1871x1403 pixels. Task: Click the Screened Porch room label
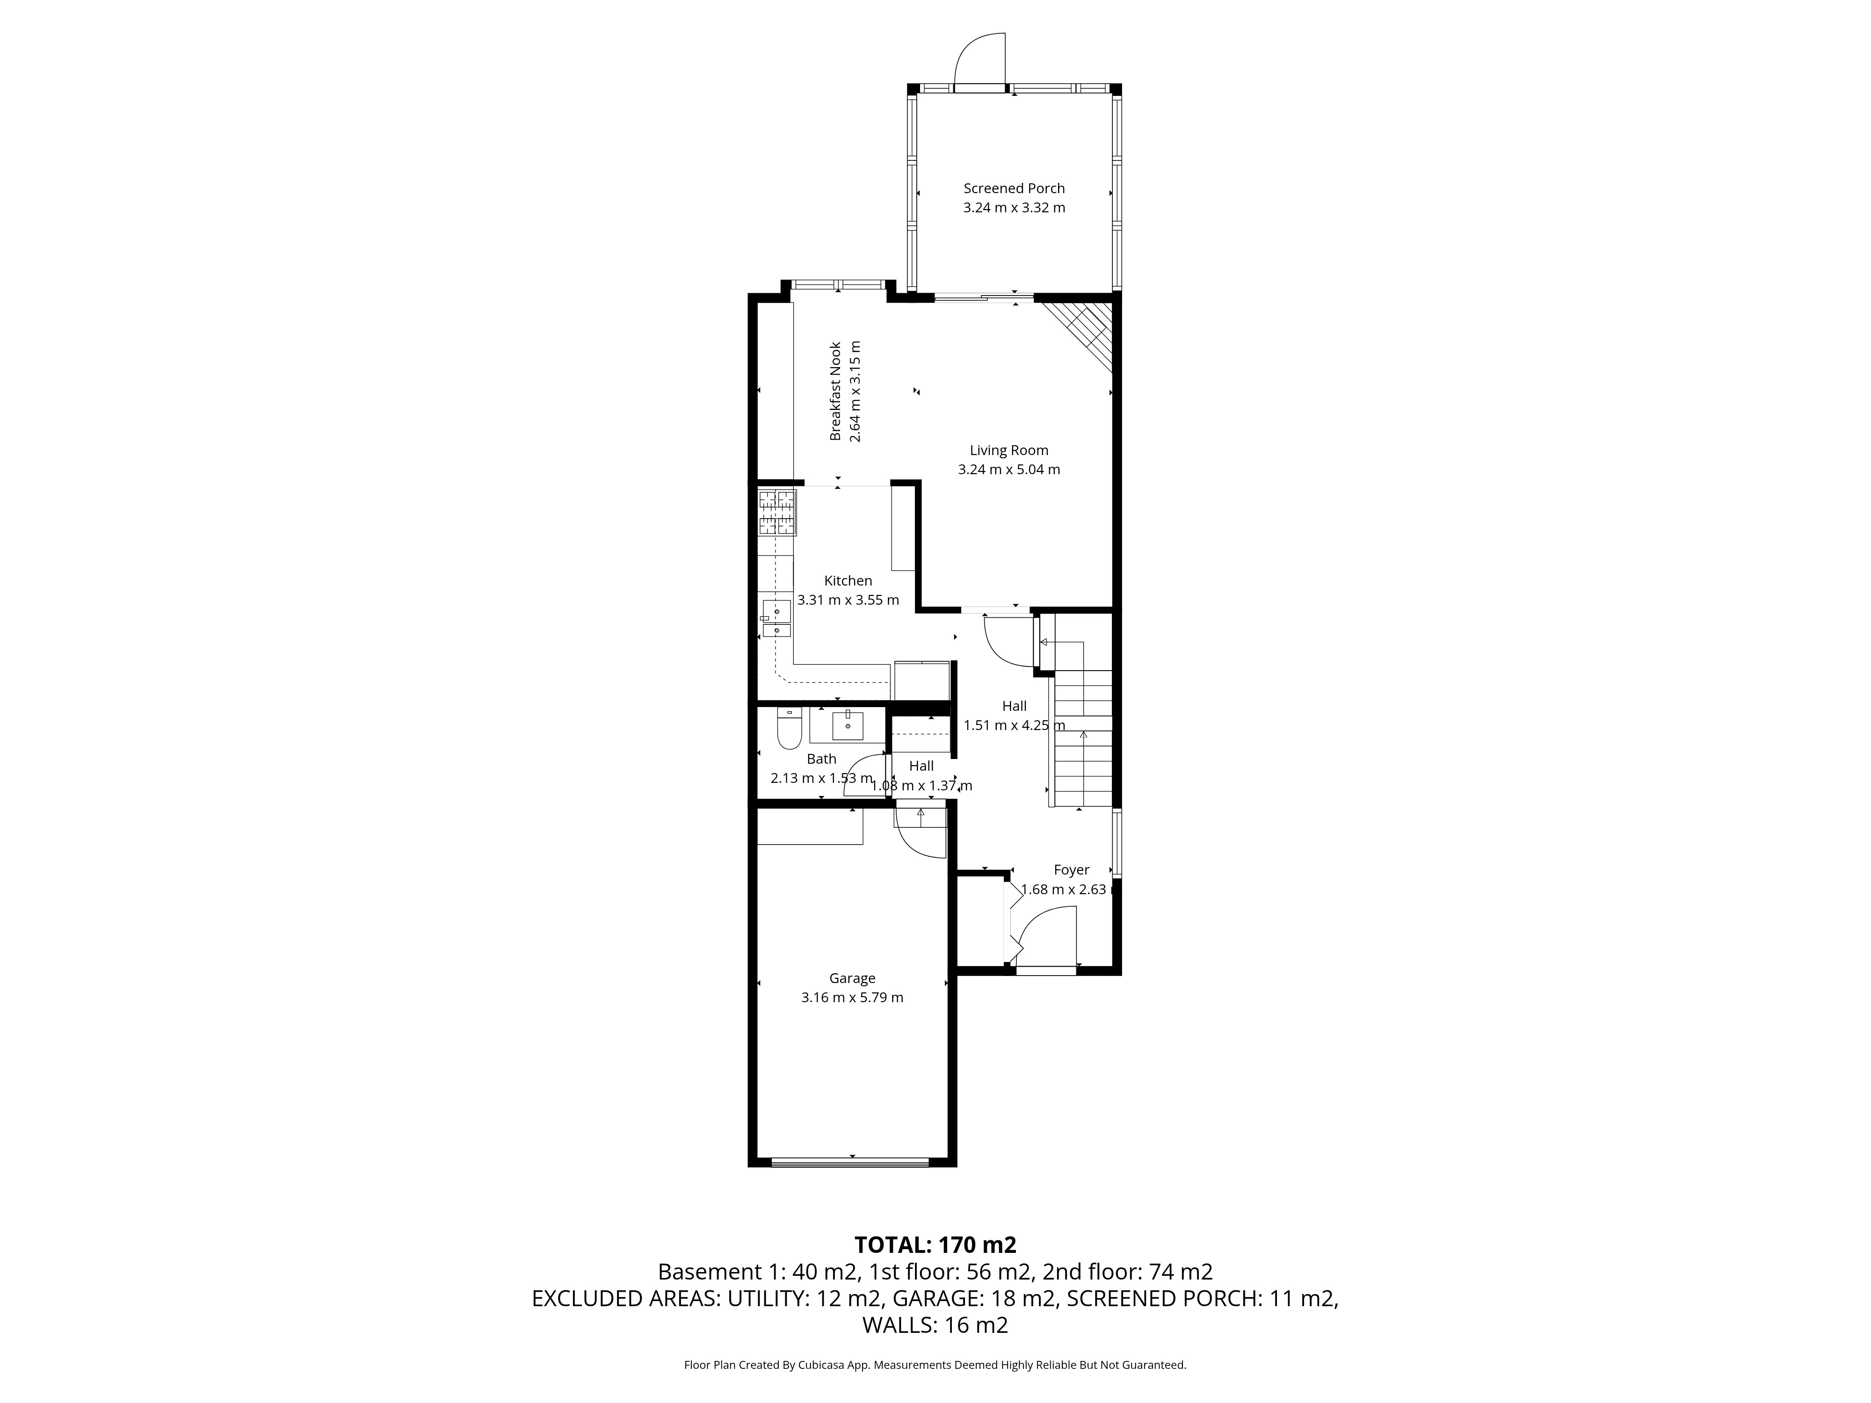(x=1014, y=188)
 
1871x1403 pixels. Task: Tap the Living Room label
(x=1009, y=451)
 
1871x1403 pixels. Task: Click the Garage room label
(x=852, y=978)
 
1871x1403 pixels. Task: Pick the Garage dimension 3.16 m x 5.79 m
(x=853, y=998)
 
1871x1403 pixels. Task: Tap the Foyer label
(x=1072, y=870)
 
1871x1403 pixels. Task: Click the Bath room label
(x=821, y=759)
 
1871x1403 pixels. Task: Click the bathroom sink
(x=848, y=725)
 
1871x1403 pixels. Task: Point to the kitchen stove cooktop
(x=777, y=513)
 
